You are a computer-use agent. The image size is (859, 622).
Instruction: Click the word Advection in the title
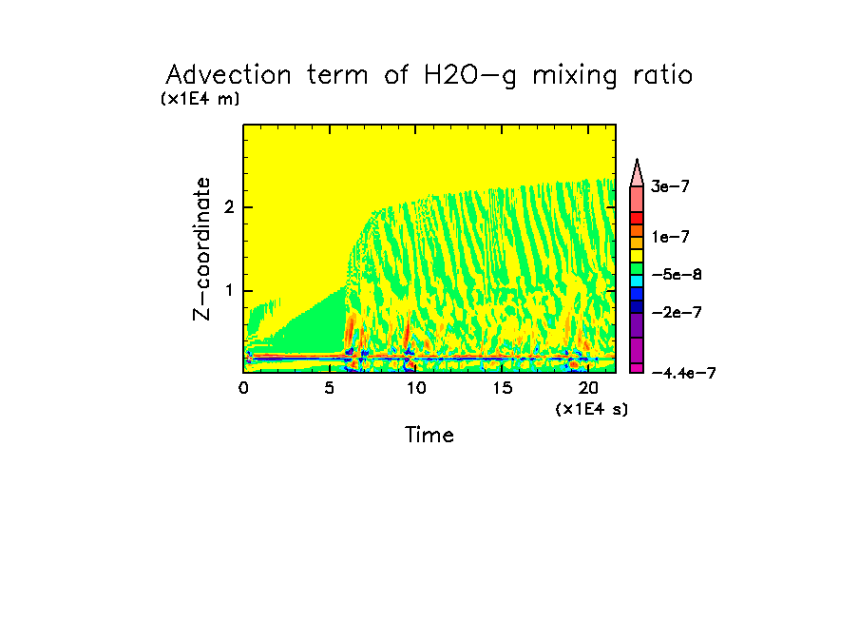(x=218, y=75)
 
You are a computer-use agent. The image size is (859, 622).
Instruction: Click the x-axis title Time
(x=429, y=436)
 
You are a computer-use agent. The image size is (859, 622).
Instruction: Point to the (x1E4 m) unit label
(x=200, y=99)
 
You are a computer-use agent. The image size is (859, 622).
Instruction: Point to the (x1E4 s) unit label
(x=592, y=409)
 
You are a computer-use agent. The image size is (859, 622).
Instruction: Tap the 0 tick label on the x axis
(x=244, y=388)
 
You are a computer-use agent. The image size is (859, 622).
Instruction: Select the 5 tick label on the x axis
(x=330, y=388)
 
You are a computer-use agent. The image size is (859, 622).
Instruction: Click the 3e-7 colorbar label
(x=670, y=187)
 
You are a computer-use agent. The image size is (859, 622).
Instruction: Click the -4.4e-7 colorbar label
(x=683, y=373)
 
